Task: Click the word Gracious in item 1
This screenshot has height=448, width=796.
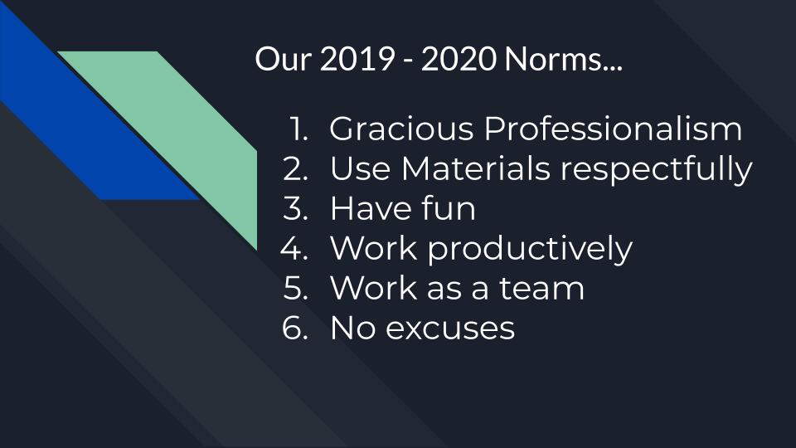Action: coord(401,129)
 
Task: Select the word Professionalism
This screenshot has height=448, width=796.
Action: coord(613,129)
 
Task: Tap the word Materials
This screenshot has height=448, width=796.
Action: coord(476,168)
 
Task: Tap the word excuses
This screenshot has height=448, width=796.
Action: coord(450,329)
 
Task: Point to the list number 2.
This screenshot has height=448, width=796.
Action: coord(295,168)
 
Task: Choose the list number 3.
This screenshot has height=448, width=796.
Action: coord(295,208)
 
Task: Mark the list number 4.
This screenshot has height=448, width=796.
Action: coord(294,248)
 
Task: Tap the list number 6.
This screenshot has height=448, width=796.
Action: coord(295,328)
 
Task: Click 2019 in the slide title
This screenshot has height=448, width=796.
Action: coord(357,59)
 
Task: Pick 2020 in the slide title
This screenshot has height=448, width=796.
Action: coord(459,59)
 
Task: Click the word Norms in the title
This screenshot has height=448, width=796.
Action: coord(564,59)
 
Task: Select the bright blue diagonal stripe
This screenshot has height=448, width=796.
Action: coord(86,117)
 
